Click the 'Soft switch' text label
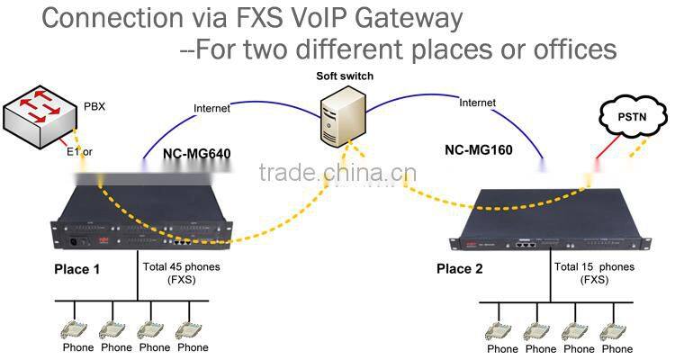coord(345,76)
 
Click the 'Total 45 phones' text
coord(181,267)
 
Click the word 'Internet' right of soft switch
coord(477,103)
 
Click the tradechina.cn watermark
coord(337,174)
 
